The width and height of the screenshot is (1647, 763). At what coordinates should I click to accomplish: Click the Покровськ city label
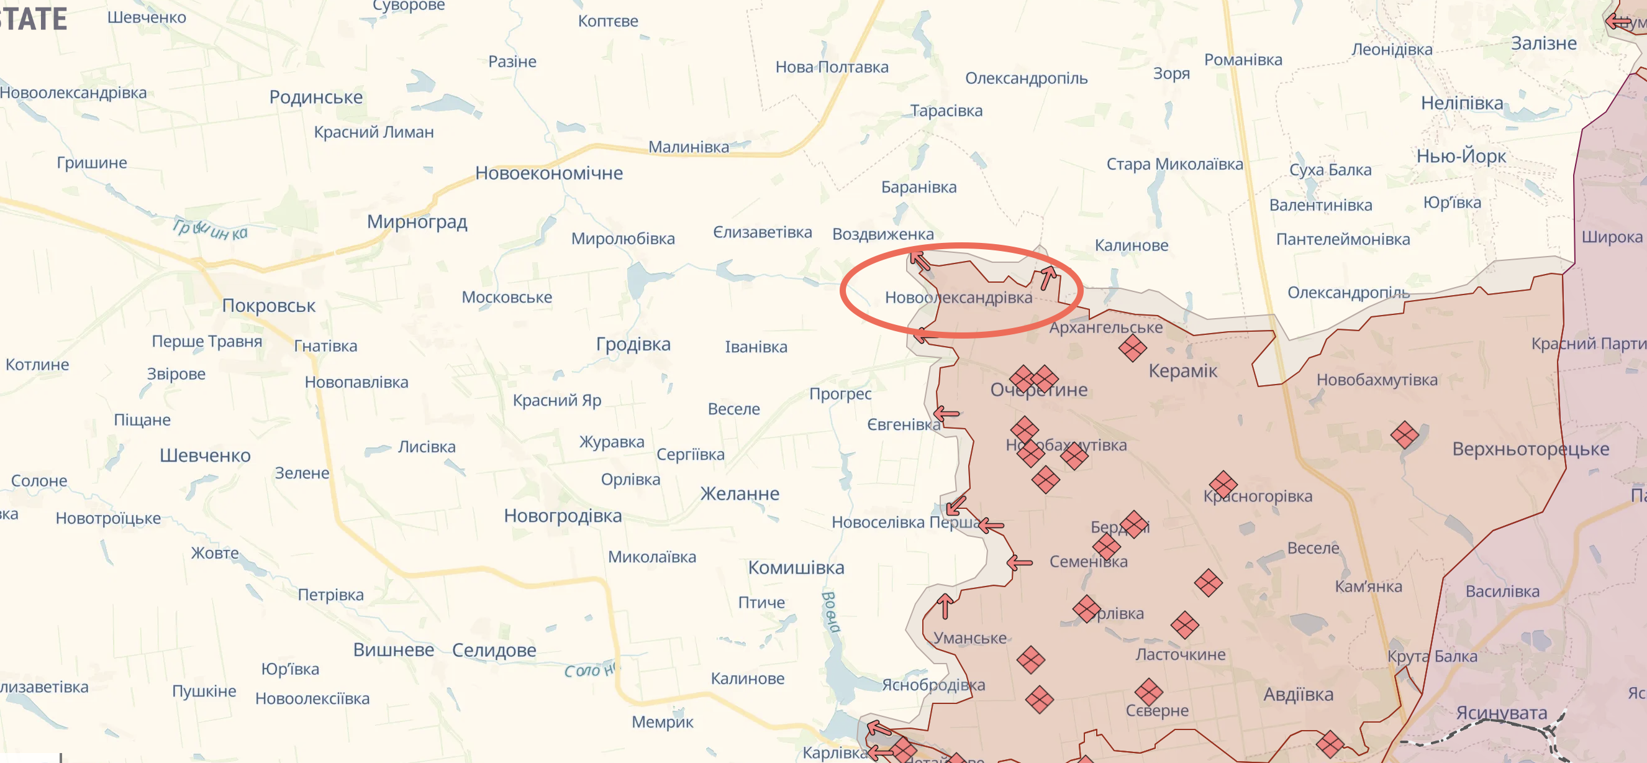[268, 306]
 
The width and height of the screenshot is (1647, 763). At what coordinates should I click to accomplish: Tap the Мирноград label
[417, 222]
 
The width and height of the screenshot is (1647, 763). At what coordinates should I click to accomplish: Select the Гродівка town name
[633, 344]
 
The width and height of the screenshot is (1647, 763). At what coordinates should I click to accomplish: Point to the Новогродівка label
[563, 516]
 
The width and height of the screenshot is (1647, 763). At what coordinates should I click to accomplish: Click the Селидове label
[494, 650]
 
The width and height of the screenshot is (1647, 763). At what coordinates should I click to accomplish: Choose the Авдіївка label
[1298, 695]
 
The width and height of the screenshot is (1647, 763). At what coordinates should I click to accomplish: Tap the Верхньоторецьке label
[1531, 449]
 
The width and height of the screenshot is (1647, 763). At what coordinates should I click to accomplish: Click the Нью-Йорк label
[1461, 156]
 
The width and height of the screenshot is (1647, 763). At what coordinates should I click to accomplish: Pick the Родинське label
[316, 97]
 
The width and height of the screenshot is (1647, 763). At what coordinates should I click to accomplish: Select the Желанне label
[740, 494]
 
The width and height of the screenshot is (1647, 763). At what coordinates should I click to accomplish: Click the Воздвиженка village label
[882, 234]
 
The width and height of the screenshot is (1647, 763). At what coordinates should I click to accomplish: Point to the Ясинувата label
[1501, 713]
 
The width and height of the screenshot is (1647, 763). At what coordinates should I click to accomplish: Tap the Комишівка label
[796, 567]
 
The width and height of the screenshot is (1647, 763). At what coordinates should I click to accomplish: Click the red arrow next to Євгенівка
[946, 414]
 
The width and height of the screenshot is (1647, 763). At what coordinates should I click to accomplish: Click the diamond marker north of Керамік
[1132, 349]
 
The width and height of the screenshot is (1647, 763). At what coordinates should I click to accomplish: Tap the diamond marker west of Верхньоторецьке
[1405, 435]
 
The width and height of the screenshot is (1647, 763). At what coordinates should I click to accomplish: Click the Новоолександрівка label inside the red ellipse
[958, 298]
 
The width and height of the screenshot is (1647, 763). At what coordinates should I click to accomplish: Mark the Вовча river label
[830, 611]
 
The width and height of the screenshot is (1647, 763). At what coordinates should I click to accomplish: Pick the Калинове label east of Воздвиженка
[1131, 245]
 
